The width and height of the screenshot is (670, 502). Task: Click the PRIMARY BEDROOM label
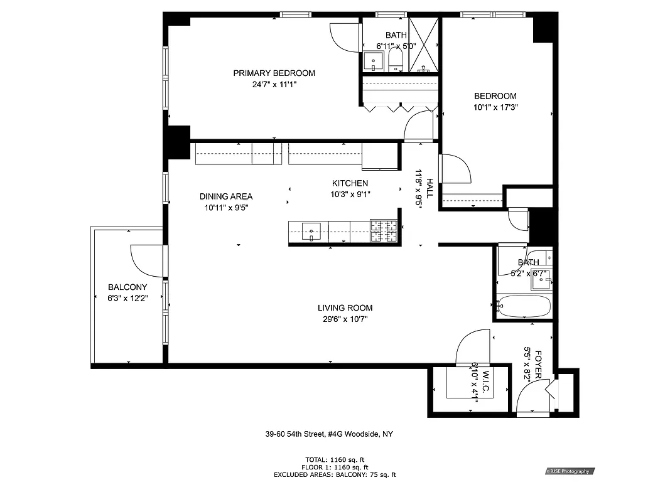pyautogui.click(x=274, y=73)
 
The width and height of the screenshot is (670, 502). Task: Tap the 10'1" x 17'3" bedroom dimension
pyautogui.click(x=495, y=107)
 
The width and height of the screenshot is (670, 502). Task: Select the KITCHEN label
pyautogui.click(x=350, y=183)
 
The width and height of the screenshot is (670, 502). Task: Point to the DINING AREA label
pyautogui.click(x=226, y=196)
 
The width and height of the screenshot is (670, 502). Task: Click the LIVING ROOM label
pyautogui.click(x=345, y=308)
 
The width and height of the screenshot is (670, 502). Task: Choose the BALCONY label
pyautogui.click(x=127, y=287)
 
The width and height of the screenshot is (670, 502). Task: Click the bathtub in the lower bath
pyautogui.click(x=524, y=307)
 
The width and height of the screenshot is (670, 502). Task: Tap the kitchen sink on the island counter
pyautogui.click(x=311, y=231)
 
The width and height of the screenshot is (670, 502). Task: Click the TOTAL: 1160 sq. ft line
pyautogui.click(x=335, y=459)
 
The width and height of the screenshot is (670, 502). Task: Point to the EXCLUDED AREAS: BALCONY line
pyautogui.click(x=335, y=475)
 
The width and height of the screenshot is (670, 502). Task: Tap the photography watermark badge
pyautogui.click(x=569, y=471)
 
